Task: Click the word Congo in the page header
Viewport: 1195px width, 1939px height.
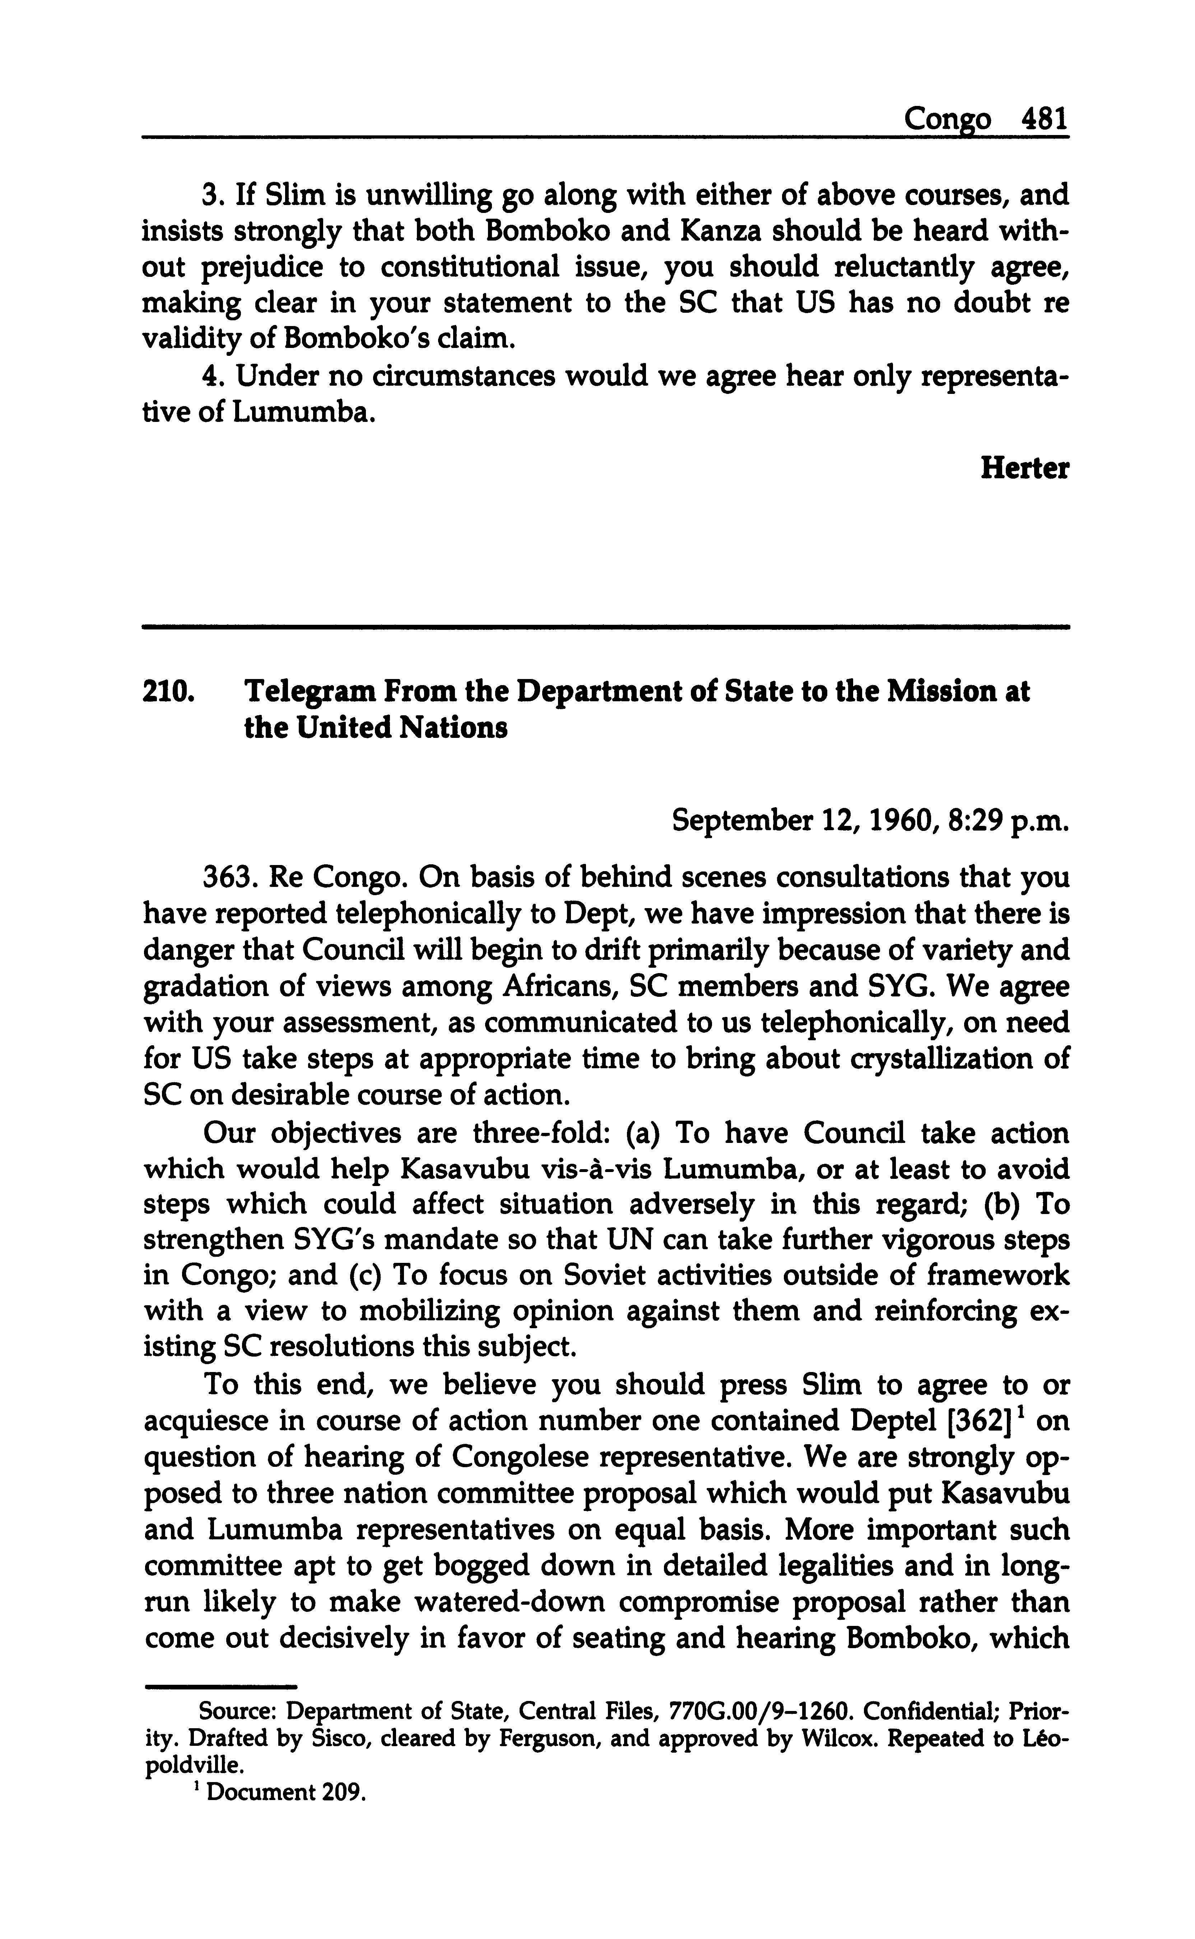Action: (947, 120)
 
